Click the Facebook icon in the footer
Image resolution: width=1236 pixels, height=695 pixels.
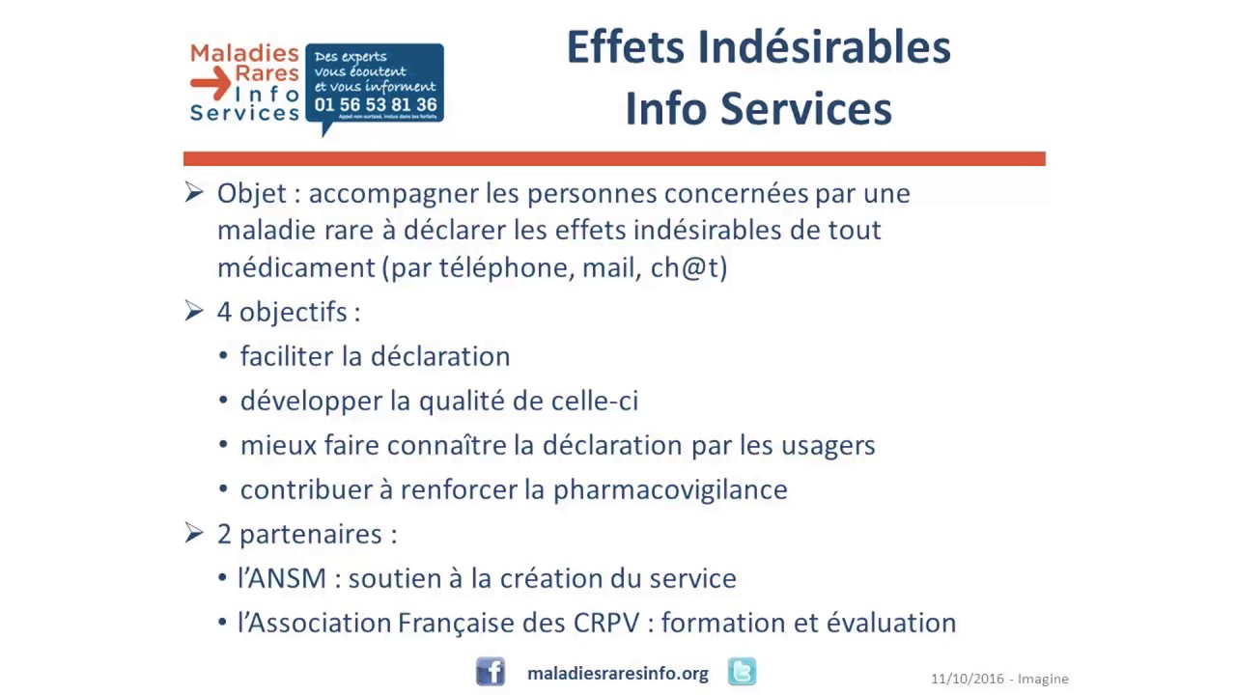(x=491, y=672)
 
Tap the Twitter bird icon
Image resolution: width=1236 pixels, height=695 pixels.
(x=742, y=672)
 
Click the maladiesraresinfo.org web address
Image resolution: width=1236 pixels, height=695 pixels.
(x=618, y=674)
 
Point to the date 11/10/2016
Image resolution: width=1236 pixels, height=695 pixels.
(x=967, y=679)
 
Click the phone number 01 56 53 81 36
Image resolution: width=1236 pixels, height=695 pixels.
(x=376, y=104)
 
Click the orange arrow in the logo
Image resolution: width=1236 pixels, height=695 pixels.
(x=210, y=84)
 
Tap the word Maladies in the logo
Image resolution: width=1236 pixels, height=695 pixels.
(x=244, y=53)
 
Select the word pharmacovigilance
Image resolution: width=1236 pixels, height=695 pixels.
(x=670, y=489)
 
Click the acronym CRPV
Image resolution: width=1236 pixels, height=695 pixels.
(x=606, y=623)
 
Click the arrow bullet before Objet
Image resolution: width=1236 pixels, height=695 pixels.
(x=194, y=192)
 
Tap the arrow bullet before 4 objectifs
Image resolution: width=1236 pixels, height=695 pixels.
(x=194, y=311)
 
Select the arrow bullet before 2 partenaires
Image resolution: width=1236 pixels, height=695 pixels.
(x=194, y=533)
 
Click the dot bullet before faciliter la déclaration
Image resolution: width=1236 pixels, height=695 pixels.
(x=224, y=356)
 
